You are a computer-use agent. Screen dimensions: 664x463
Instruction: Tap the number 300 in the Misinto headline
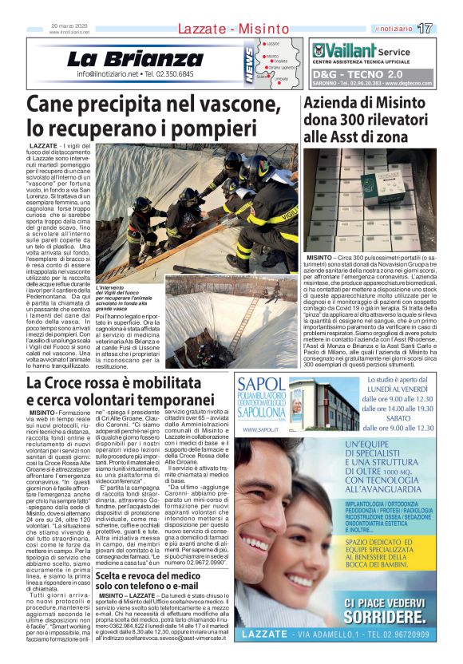pos(346,120)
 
